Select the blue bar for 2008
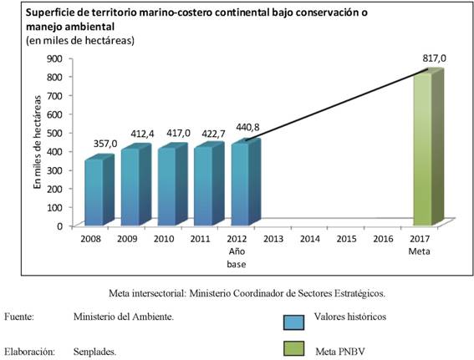[x=99, y=191]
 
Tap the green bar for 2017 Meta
[x=428, y=147]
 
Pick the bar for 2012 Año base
[x=246, y=183]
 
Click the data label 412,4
[x=142, y=134]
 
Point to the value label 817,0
[x=434, y=58]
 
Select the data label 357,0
[x=105, y=144]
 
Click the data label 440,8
[x=247, y=128]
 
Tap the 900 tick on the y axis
[x=54, y=58]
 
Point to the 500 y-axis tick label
[x=54, y=133]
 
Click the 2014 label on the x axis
[x=310, y=239]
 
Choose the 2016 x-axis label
[x=383, y=239]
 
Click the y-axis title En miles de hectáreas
[x=37, y=142]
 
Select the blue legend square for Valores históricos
[x=293, y=322]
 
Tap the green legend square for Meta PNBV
[x=293, y=349]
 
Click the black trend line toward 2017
[x=337, y=104]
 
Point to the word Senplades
[x=95, y=352]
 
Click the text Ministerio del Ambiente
[x=124, y=317]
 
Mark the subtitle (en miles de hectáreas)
[x=80, y=40]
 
